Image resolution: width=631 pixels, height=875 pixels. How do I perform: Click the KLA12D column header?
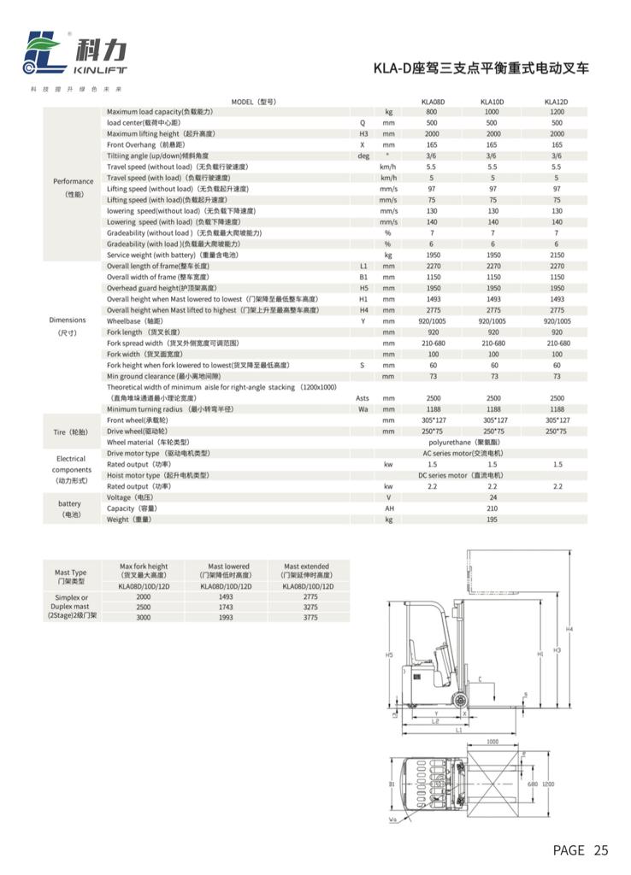[557, 102]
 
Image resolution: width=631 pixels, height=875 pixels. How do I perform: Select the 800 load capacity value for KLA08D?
[432, 112]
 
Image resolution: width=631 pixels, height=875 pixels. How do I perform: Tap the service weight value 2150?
[557, 255]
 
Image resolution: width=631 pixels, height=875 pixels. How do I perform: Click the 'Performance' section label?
[74, 181]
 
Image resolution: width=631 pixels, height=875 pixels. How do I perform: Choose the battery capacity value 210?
[492, 508]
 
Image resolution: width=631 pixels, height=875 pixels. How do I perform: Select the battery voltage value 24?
[492, 497]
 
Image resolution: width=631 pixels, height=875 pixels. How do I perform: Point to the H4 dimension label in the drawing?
[570, 630]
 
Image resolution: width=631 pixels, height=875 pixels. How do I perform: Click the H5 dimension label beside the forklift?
[389, 655]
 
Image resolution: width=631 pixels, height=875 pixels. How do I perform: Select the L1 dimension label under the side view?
[459, 731]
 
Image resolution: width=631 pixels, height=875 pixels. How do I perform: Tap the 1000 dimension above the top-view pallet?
[492, 742]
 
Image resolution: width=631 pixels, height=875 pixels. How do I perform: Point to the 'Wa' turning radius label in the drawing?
[392, 821]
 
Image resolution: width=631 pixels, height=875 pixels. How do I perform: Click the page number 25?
[600, 850]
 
